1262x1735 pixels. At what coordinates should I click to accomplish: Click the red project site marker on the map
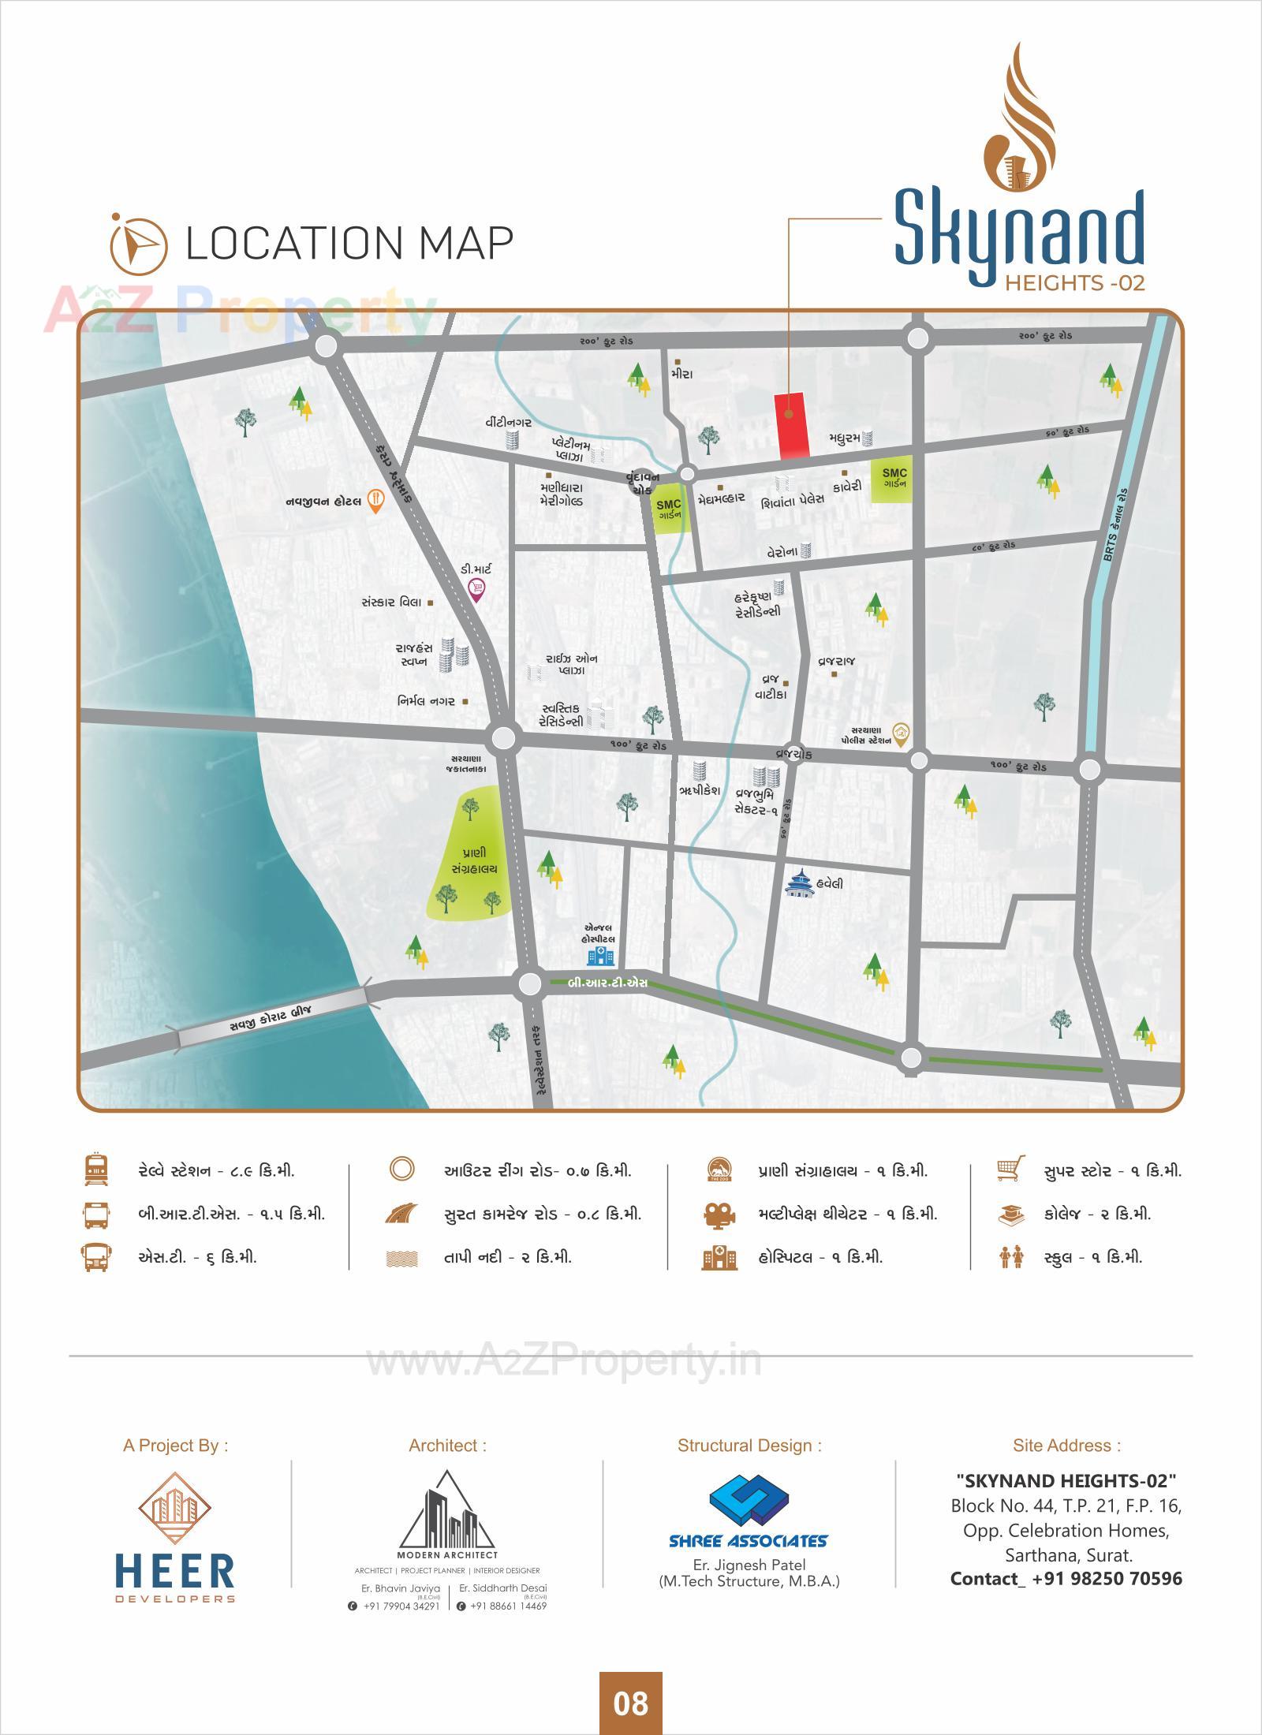click(x=793, y=426)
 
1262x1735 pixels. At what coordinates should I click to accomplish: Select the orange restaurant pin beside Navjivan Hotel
click(x=376, y=501)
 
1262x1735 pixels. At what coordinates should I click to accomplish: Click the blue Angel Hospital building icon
click(x=600, y=956)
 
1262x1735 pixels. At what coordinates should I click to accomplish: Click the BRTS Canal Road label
click(x=1116, y=525)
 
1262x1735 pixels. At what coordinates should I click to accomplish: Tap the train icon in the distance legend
click(x=96, y=1170)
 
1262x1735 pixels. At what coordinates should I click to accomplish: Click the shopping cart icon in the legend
click(x=1010, y=1169)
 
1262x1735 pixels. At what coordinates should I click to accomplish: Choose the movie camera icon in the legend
click(x=719, y=1214)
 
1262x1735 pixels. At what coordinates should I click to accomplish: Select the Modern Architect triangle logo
click(x=447, y=1511)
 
